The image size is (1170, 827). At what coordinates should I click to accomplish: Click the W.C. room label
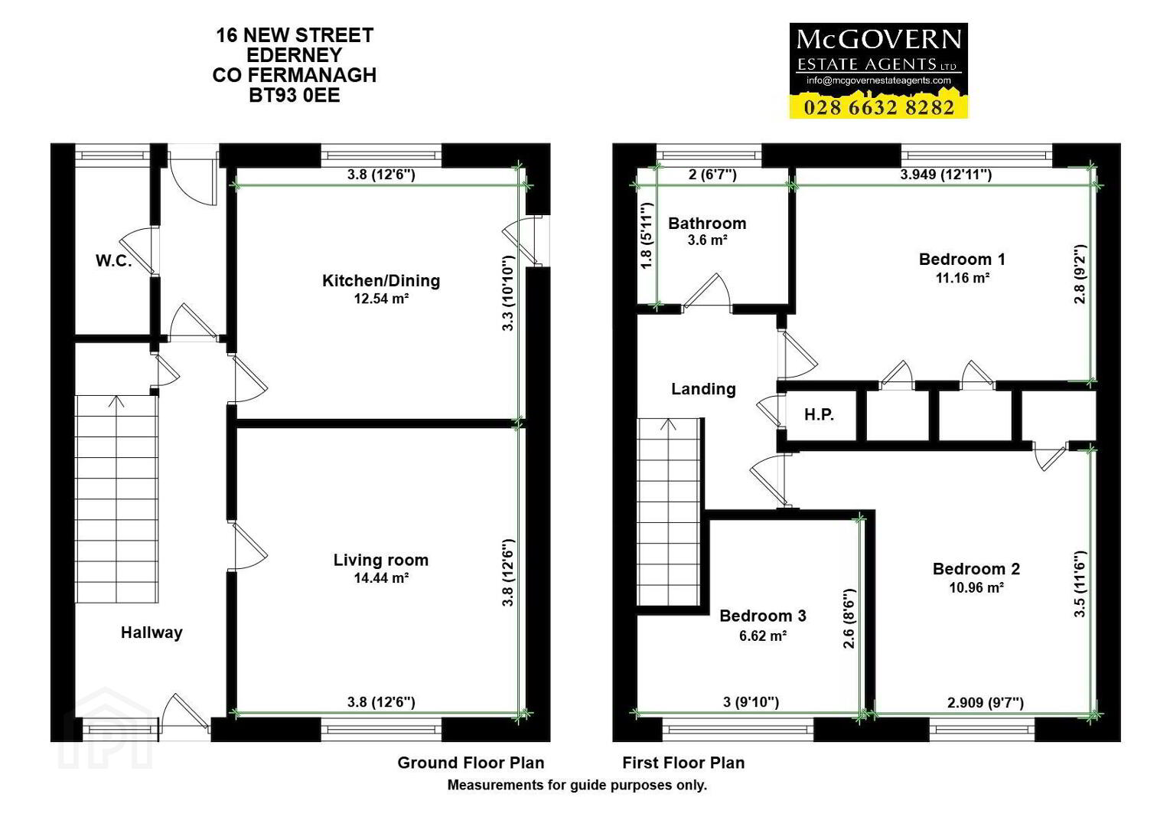pos(113,260)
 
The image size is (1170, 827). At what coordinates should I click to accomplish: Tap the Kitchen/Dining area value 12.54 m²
pos(381,299)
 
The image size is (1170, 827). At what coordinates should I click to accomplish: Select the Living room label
pos(381,560)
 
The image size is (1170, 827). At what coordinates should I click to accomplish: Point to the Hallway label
pos(152,633)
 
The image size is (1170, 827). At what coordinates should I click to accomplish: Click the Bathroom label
pos(707,224)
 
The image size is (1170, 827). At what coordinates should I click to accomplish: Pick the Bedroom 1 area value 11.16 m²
pos(962,278)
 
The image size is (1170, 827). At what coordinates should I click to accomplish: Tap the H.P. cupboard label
pos(819,414)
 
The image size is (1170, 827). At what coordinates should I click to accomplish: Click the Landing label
pos(703,389)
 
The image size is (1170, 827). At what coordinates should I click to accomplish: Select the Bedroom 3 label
pos(763,616)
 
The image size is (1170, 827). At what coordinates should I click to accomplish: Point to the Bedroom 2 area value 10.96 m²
pos(976,587)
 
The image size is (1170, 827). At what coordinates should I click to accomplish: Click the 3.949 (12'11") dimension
pos(946,174)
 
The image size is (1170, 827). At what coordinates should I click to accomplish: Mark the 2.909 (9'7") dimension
pos(985,703)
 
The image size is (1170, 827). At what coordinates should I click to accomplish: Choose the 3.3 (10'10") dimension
pos(508,293)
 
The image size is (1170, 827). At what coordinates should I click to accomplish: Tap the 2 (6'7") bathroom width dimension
pos(712,174)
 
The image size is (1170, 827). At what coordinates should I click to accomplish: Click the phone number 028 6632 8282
pos(878,108)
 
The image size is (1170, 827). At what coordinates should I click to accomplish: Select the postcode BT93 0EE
pos(295,95)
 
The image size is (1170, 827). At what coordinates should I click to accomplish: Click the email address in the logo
pos(878,80)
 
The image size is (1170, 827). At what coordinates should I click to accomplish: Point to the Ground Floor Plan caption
pos(471,763)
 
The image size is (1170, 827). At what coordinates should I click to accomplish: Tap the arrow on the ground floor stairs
pos(116,401)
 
